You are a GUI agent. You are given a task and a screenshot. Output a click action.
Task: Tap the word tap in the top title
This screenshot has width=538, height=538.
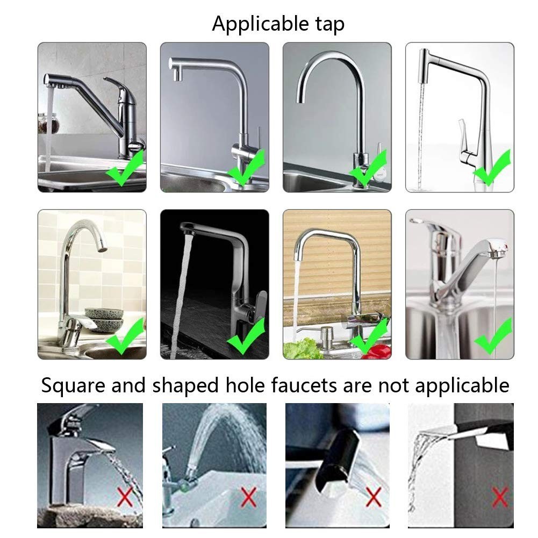(330, 25)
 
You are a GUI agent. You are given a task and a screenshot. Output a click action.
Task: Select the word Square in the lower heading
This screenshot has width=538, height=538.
(73, 386)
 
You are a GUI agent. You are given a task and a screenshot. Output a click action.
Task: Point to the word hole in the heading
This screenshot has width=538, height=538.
(245, 385)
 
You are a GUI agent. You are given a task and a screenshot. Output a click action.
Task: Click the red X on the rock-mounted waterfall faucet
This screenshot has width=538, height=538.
(125, 497)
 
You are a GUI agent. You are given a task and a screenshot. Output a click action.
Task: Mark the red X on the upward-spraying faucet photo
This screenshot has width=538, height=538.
(248, 497)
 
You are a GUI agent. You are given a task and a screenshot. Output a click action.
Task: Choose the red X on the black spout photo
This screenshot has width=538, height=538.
(374, 497)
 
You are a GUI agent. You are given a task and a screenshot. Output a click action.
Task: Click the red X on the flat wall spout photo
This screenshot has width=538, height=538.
(500, 497)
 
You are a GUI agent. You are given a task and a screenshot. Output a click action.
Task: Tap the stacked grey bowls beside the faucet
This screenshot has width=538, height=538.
(104, 319)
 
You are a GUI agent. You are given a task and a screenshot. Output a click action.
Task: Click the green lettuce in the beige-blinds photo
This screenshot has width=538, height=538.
(303, 348)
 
